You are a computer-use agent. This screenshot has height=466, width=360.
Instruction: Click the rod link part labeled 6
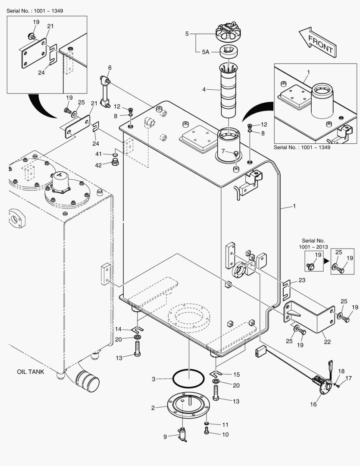pyautogui.click(x=105, y=91)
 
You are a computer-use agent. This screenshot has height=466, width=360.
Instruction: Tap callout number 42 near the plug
pyautogui.click(x=98, y=165)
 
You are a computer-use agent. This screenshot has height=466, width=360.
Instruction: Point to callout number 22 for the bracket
pyautogui.click(x=327, y=342)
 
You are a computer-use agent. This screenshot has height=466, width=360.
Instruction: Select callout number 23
pyautogui.click(x=302, y=280)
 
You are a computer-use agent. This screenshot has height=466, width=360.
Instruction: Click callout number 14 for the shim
pyautogui.click(x=118, y=329)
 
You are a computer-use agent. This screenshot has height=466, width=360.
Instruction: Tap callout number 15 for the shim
pyautogui.click(x=236, y=375)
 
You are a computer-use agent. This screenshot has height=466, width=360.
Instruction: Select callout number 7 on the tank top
pyautogui.click(x=223, y=151)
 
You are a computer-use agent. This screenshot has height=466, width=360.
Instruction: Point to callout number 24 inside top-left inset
pyautogui.click(x=41, y=72)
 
